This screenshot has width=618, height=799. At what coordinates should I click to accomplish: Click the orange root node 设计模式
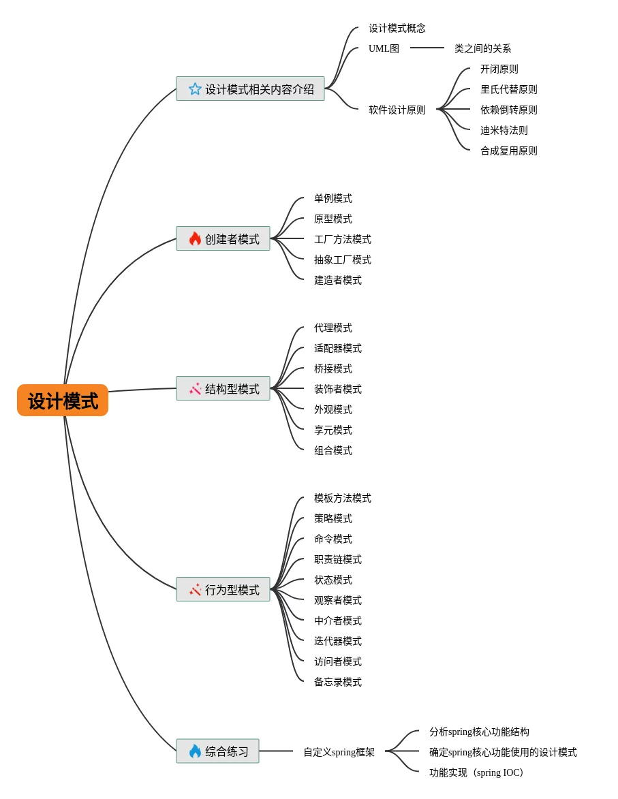(x=63, y=401)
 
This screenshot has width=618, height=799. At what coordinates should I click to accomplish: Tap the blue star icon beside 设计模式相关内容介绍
(x=195, y=89)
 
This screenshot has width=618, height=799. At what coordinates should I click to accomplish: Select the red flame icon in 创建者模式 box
(x=196, y=239)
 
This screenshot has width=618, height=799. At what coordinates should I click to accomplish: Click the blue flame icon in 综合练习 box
(x=196, y=751)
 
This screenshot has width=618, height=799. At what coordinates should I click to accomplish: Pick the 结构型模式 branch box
(x=223, y=389)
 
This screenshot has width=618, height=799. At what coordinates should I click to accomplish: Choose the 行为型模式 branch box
(x=223, y=590)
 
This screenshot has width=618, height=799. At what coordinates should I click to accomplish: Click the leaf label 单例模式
(x=333, y=199)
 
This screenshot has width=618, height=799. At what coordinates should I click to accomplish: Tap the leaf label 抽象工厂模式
(x=343, y=260)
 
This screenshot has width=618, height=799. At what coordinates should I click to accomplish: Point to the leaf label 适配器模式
(x=338, y=349)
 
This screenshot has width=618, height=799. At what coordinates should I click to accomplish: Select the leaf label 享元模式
(x=333, y=430)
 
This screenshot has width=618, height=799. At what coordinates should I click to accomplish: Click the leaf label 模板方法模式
(x=343, y=499)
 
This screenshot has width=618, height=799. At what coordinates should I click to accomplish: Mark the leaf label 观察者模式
(x=338, y=601)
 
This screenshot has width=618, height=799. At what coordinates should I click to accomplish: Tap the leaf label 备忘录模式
(x=338, y=683)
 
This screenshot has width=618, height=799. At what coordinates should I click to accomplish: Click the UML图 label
(x=384, y=49)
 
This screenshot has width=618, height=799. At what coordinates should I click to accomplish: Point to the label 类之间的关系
(x=483, y=49)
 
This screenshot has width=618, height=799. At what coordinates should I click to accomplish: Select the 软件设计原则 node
(x=397, y=110)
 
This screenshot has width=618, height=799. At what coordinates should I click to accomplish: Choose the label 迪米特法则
(x=504, y=131)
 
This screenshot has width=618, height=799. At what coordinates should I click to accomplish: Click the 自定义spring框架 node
(x=339, y=753)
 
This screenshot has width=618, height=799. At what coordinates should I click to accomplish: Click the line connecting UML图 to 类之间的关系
(x=427, y=48)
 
